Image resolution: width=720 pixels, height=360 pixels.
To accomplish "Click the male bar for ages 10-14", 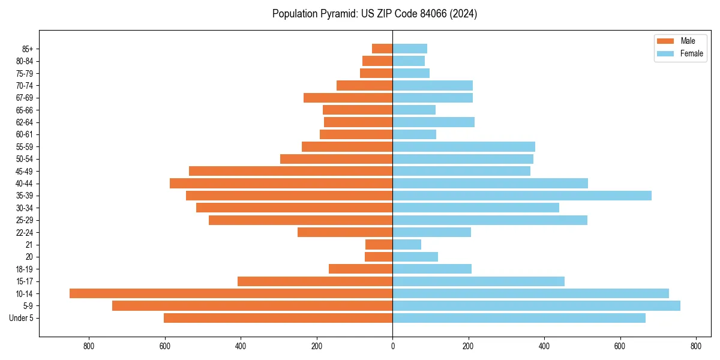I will [231, 293].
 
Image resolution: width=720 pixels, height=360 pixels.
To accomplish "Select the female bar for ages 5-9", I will [536, 306].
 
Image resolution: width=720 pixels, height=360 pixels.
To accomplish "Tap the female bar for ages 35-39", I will [522, 196].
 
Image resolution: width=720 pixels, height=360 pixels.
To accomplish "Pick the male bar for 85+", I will [382, 49].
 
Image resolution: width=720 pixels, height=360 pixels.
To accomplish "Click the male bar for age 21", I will [379, 245].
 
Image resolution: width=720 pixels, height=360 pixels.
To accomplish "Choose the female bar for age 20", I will [415, 257].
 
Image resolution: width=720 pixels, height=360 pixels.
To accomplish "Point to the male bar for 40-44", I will [281, 184].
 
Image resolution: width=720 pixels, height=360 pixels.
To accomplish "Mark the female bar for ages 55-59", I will [464, 147].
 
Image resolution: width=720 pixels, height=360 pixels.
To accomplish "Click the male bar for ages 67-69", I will [348, 98].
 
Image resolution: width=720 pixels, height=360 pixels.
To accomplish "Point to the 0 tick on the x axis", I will [392, 346].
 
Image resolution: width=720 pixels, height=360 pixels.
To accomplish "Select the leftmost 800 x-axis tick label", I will [89, 346].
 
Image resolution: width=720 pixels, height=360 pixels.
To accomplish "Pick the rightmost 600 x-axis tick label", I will [620, 346].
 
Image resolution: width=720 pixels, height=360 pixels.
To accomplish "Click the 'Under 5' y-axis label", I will [22, 318].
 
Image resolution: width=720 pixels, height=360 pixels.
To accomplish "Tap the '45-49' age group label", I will [24, 172].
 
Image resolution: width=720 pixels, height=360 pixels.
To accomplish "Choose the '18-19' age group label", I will [24, 269].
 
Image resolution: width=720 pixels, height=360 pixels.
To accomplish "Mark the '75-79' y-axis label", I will [24, 73].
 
